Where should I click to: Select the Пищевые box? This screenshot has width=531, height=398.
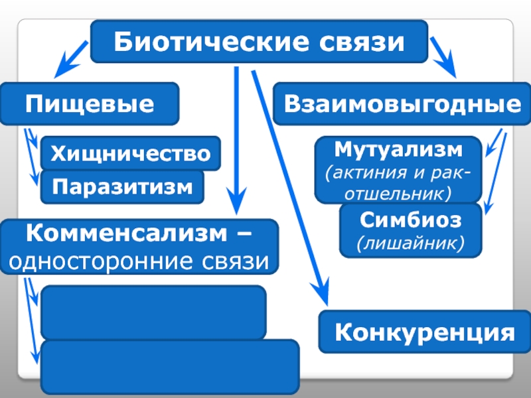pos(90,104)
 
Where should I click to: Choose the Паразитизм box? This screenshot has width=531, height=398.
pos(123,187)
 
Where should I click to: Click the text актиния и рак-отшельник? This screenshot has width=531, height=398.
pos(398,183)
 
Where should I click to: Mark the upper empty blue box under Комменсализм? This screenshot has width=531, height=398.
pos(153,312)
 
